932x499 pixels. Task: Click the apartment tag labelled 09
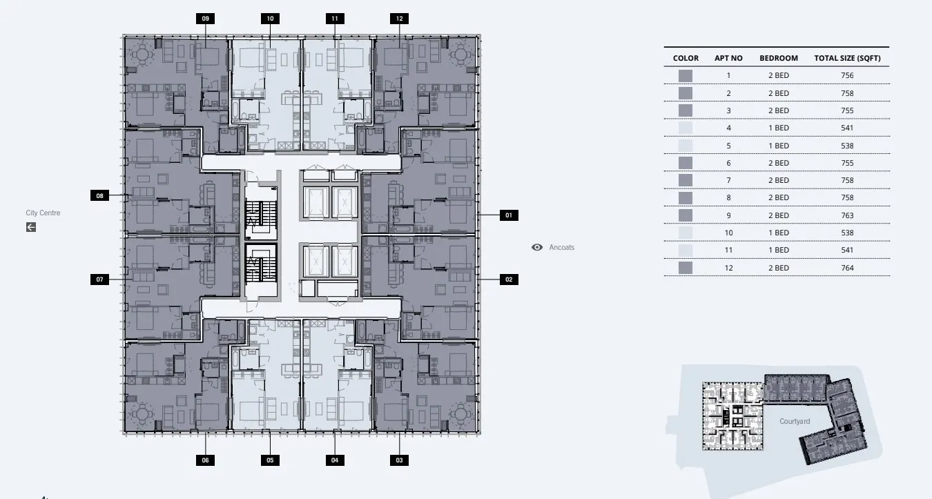(x=205, y=19)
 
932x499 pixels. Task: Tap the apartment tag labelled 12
(x=400, y=19)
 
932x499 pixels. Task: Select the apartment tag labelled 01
(x=509, y=215)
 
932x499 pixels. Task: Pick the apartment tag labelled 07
(x=99, y=280)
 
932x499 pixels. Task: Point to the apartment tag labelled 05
(x=270, y=460)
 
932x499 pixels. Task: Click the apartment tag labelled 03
(x=400, y=460)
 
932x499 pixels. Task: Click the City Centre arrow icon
(x=31, y=227)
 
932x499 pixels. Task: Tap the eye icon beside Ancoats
(x=537, y=247)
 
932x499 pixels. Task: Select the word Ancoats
(x=562, y=247)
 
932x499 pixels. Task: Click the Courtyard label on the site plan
(x=795, y=421)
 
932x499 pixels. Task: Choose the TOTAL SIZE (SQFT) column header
(x=848, y=58)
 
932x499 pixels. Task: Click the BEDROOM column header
(x=779, y=58)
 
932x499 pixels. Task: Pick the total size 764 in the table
(x=848, y=268)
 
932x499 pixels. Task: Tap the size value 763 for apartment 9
(x=848, y=216)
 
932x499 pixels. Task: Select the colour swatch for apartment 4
(x=686, y=128)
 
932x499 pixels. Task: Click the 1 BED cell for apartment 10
(x=779, y=233)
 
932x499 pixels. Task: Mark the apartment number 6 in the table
(x=728, y=164)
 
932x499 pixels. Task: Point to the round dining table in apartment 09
(x=142, y=54)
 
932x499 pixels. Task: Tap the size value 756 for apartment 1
(x=848, y=76)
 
